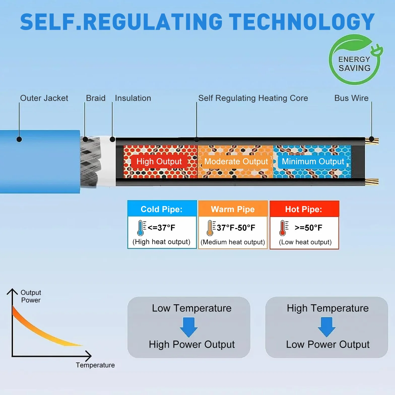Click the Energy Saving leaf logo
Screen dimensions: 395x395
355,59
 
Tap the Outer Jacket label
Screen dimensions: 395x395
44,98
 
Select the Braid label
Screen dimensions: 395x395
96,98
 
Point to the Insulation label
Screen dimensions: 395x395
133,98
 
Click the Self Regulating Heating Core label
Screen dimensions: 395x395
253,98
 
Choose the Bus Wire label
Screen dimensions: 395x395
351,98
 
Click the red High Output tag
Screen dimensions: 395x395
159,161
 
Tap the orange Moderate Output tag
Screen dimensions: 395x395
236,161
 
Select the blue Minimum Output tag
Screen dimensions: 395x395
313,161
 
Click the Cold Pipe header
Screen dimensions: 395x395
162,209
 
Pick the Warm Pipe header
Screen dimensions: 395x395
233,209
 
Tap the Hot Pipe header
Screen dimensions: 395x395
304,209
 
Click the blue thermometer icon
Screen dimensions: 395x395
141,228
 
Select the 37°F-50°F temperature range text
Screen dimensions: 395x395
236,228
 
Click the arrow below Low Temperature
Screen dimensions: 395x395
189,327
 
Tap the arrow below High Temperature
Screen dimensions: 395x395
327,327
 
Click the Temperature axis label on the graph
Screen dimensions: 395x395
95,365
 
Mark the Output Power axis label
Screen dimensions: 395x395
31,296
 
